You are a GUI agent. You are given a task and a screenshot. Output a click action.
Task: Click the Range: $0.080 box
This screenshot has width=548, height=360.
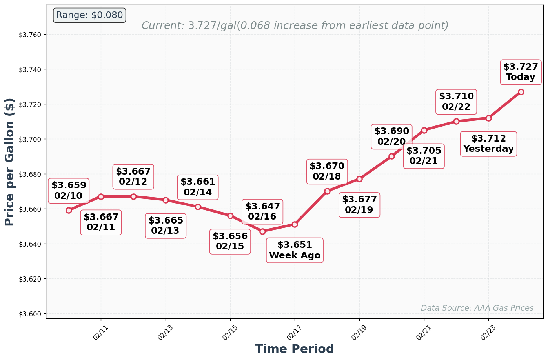click(x=89, y=15)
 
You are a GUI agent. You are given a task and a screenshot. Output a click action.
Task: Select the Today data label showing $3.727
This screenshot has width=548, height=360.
click(x=521, y=72)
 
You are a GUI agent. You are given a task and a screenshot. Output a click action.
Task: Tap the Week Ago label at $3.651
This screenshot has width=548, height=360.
click(x=295, y=250)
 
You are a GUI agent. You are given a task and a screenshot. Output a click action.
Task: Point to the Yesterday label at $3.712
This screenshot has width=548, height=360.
click(x=488, y=144)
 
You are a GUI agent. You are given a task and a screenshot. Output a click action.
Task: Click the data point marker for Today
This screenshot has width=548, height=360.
click(x=521, y=92)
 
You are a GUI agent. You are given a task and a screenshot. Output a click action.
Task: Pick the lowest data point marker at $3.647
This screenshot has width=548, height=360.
click(x=262, y=231)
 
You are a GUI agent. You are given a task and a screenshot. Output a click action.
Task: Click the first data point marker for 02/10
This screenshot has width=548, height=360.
click(x=69, y=210)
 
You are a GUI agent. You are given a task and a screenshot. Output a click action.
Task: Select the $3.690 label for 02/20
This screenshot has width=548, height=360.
click(x=391, y=136)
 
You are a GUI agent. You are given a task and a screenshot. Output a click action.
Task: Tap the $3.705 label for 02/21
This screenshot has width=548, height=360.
click(x=424, y=156)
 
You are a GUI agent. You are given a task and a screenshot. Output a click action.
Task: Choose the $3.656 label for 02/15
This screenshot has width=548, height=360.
click(x=230, y=242)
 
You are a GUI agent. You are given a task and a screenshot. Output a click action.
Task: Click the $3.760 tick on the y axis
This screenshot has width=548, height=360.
click(x=30, y=35)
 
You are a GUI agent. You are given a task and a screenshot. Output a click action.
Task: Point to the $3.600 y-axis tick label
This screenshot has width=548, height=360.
click(x=30, y=314)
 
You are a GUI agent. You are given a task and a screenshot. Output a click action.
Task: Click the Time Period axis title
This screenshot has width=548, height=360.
click(x=294, y=349)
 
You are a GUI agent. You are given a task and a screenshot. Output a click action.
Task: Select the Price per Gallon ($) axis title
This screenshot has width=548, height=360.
click(x=9, y=162)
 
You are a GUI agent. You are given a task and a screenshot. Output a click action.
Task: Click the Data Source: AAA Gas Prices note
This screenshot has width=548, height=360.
click(x=477, y=308)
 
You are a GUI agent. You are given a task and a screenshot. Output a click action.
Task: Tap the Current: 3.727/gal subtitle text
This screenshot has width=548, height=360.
click(x=295, y=26)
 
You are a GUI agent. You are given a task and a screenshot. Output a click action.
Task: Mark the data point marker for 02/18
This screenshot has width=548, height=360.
click(x=327, y=191)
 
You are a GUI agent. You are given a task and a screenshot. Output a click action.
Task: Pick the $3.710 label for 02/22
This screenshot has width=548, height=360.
click(x=456, y=102)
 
